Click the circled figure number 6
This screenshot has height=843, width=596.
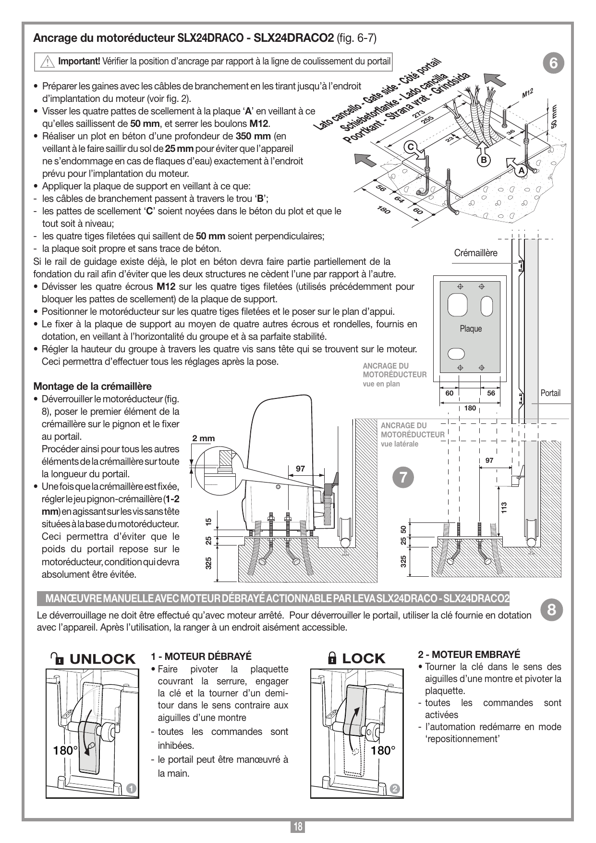pyautogui.click(x=553, y=63)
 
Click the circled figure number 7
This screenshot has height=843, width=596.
pyautogui.click(x=402, y=477)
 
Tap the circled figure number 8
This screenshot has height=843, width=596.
pyautogui.click(x=551, y=610)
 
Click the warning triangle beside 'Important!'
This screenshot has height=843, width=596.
pyautogui.click(x=47, y=62)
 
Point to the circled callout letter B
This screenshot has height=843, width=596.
pyautogui.click(x=484, y=159)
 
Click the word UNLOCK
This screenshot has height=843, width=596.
pyautogui.click(x=103, y=659)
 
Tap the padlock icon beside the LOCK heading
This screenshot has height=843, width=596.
pyautogui.click(x=332, y=658)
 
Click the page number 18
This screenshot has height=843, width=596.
pyautogui.click(x=298, y=827)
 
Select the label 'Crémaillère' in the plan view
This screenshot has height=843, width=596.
pyautogui.click(x=476, y=253)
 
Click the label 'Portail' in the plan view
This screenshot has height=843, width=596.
pyautogui.click(x=550, y=393)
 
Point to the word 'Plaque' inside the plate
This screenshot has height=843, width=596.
pyautogui.click(x=471, y=329)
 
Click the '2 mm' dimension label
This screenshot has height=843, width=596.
pyautogui.click(x=204, y=438)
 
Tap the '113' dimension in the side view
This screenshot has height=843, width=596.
pyautogui.click(x=504, y=507)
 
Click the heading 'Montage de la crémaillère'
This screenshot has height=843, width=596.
pyautogui.click(x=92, y=386)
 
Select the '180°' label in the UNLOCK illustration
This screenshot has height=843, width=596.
pyautogui.click(x=66, y=750)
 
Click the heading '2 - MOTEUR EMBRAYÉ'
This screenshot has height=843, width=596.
pyautogui.click(x=469, y=654)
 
